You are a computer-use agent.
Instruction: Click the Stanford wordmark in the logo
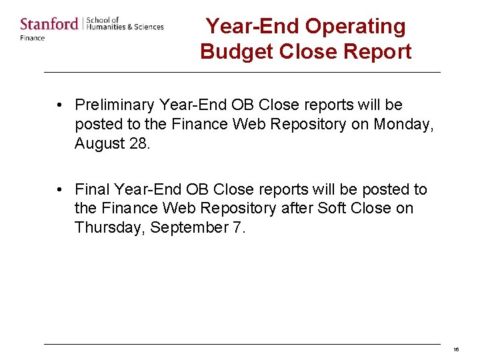[49, 25]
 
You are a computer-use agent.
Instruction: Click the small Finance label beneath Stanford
[32, 38]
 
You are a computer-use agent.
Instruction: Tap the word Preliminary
[115, 105]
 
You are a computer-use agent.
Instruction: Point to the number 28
[139, 143]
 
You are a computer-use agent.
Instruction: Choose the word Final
[93, 189]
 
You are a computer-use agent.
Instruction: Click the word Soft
[332, 209]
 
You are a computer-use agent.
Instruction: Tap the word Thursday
[110, 228]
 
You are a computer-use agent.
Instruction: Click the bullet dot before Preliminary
[60, 105]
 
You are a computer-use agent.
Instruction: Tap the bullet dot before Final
[60, 189]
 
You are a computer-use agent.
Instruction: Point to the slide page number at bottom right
[456, 349]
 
